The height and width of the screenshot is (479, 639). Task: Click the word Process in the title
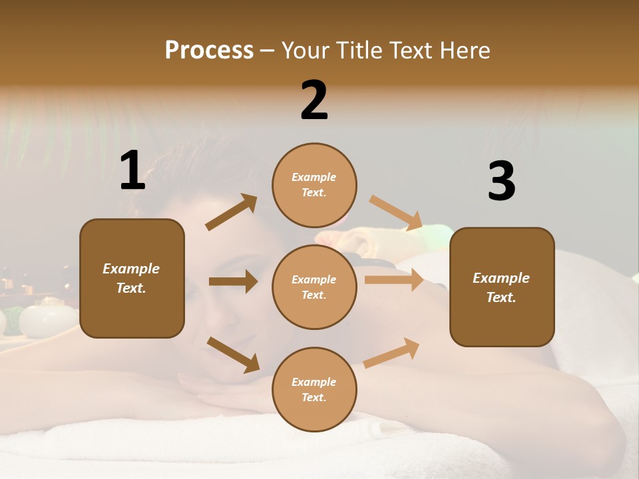click(x=209, y=51)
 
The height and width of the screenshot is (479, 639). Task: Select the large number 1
click(x=132, y=171)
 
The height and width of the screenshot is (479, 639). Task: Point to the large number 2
click(x=314, y=100)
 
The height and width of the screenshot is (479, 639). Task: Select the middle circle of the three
click(x=314, y=287)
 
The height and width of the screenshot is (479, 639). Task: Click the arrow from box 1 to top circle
click(x=232, y=212)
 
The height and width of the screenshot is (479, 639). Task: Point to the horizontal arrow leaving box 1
click(x=233, y=282)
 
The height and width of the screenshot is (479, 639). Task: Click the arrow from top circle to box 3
click(x=395, y=212)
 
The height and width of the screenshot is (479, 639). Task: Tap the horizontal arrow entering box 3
click(x=394, y=279)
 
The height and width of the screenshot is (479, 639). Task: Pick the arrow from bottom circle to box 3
click(x=391, y=353)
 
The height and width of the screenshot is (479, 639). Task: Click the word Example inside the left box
click(x=131, y=269)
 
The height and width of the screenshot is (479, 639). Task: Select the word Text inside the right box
click(x=501, y=297)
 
